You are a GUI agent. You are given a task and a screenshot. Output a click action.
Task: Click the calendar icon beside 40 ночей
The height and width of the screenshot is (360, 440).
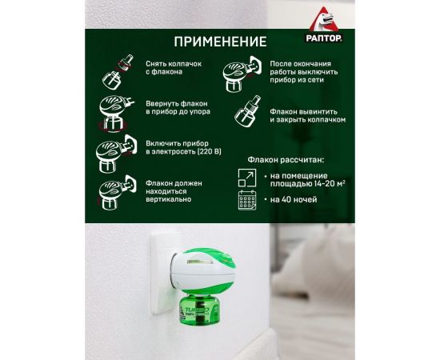248,200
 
